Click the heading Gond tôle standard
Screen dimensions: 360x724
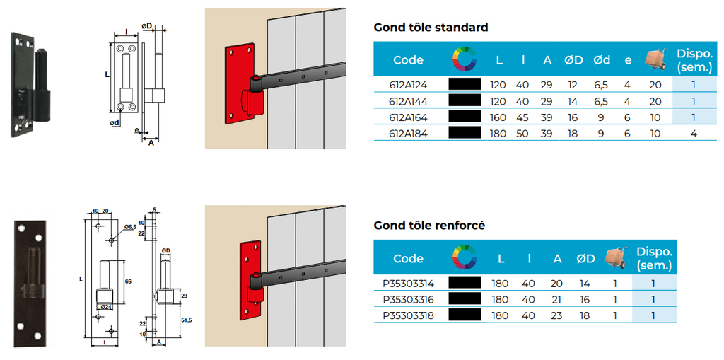point(431,28)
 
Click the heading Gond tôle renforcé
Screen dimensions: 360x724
point(429,226)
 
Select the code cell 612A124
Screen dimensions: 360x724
point(409,84)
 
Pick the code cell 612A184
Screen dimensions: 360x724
point(409,132)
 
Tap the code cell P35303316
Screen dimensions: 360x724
point(408,299)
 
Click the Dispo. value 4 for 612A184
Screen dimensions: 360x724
point(694,132)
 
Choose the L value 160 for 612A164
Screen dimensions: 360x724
point(498,117)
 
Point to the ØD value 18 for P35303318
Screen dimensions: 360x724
point(585,315)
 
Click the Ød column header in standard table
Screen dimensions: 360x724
point(602,60)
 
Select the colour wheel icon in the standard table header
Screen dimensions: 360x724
point(464,59)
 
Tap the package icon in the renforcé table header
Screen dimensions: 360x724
point(614,257)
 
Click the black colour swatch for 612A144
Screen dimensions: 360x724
point(464,100)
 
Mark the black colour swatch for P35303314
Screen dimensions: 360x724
point(464,283)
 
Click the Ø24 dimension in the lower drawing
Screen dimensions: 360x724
point(108,306)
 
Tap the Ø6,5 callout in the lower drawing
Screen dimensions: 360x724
point(130,227)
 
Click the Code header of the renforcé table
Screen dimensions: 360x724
point(408,258)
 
